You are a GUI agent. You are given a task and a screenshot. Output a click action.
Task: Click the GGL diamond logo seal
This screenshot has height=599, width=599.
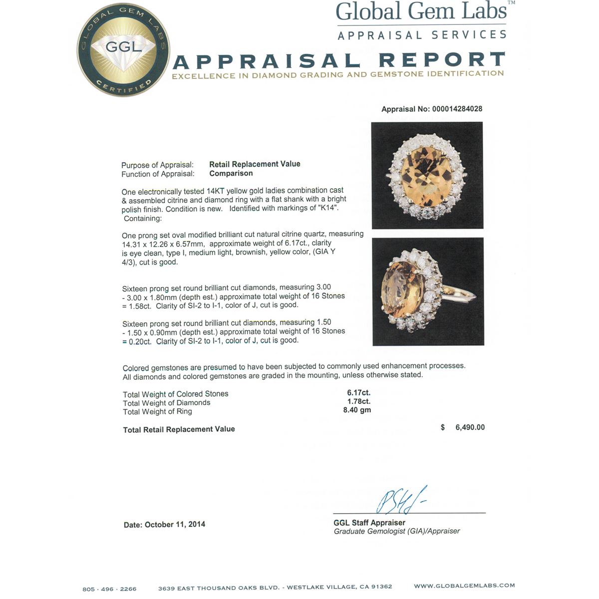click(123, 50)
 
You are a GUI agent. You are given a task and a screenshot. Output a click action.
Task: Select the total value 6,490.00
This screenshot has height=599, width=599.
click(470, 427)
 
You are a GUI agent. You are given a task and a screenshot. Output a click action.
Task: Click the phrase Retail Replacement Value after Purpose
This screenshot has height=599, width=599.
click(255, 164)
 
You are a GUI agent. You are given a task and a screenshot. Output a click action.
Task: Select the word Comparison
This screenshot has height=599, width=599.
click(231, 173)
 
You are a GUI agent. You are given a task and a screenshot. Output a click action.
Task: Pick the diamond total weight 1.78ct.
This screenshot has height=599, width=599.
click(359, 401)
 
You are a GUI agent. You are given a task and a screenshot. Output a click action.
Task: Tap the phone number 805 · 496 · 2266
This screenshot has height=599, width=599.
click(109, 589)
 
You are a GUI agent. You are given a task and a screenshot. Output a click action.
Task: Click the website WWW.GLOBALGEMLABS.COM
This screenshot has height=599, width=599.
click(464, 586)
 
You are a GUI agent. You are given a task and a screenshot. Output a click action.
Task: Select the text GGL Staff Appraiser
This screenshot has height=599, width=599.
click(369, 523)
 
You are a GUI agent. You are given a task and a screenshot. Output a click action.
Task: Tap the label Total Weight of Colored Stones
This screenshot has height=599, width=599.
click(175, 394)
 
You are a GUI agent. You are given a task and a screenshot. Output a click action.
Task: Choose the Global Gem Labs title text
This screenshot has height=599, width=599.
click(422, 12)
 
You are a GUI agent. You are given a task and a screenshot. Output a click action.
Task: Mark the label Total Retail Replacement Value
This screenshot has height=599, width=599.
click(179, 429)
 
